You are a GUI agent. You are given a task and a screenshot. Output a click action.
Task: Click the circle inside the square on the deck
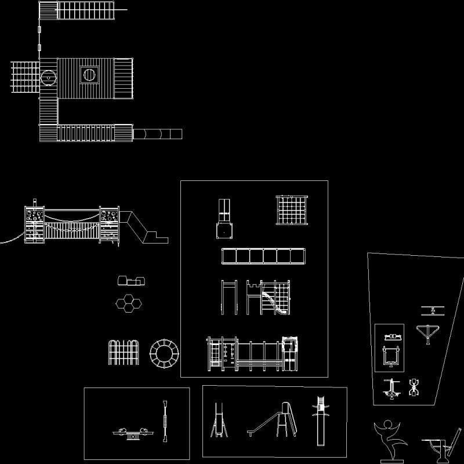click(89, 74)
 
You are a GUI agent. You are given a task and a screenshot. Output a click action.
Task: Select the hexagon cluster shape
click(130, 303)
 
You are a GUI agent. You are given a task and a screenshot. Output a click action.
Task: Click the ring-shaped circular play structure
click(164, 353)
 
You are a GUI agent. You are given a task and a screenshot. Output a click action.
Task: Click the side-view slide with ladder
click(274, 419)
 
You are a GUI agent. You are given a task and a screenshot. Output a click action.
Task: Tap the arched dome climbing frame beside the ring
click(125, 353)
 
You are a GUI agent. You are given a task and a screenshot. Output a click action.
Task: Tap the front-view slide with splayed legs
click(219, 421)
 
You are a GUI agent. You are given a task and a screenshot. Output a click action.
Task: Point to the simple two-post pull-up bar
click(229, 297)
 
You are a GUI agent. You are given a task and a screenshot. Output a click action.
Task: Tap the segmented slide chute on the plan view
click(157, 134)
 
